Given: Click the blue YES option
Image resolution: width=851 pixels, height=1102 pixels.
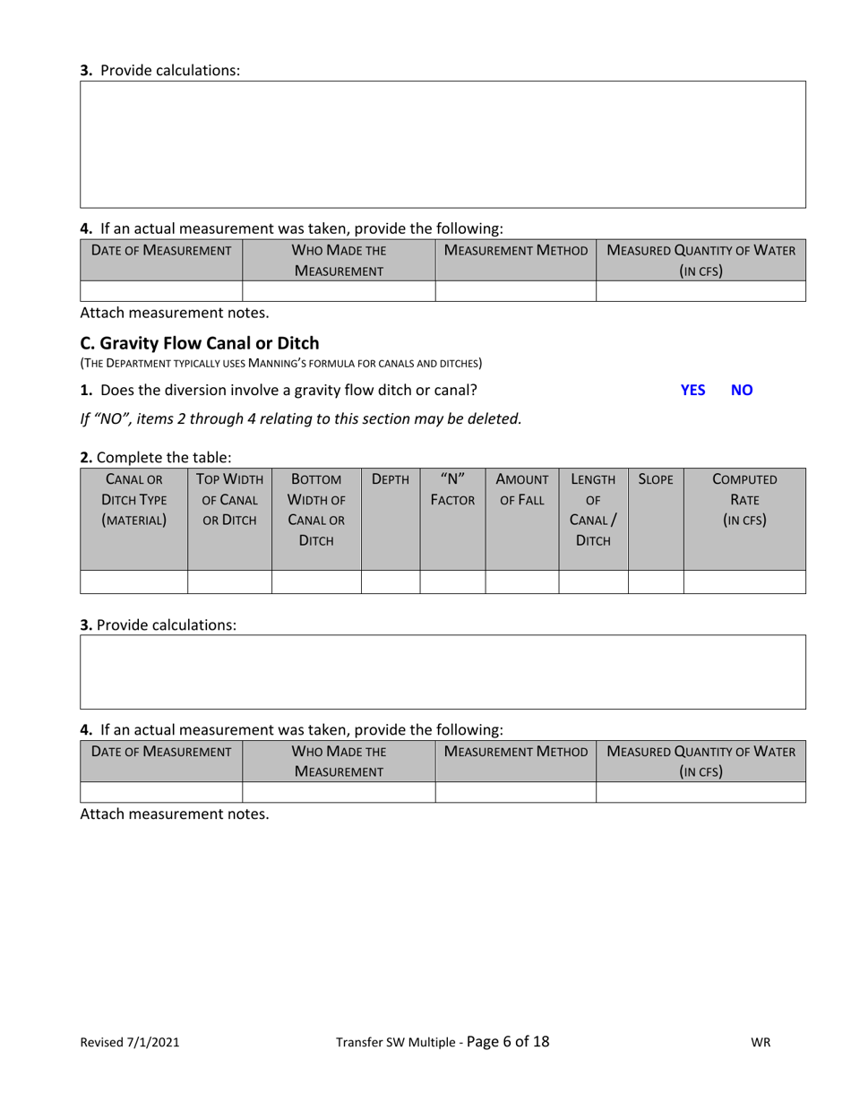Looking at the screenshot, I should [692, 390].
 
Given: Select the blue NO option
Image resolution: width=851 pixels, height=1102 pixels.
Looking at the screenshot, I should [742, 390].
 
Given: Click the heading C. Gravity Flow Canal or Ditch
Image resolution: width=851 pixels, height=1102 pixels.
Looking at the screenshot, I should [200, 342].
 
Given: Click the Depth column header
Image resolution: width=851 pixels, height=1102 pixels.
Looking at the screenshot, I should [390, 479].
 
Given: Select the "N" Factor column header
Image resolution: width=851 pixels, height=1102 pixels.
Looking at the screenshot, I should [451, 489].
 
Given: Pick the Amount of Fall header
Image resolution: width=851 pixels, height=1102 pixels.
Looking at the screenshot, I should [521, 489].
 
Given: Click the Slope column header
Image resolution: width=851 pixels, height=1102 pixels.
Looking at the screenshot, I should [655, 479].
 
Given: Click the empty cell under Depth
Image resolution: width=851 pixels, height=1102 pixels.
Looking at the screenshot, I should [390, 581].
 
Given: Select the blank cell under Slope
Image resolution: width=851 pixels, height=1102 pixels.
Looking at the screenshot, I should [655, 581].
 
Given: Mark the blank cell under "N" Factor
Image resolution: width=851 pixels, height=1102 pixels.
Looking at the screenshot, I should [451, 581].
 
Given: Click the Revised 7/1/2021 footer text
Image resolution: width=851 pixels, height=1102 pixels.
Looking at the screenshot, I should [130, 1042].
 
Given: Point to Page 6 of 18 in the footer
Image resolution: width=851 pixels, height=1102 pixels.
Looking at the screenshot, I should [508, 1041].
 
